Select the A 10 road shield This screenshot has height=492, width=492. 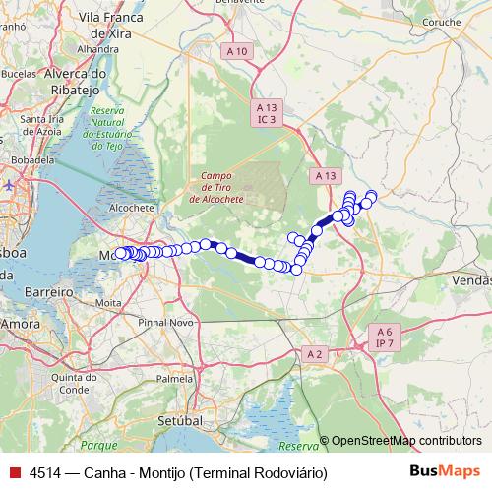click(x=237, y=50)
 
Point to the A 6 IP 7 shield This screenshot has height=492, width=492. click(x=383, y=338)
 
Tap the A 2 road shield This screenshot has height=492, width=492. click(x=314, y=353)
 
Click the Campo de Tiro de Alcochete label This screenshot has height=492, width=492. click(x=215, y=184)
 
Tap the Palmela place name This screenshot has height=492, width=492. click(x=175, y=378)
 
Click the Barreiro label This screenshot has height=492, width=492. click(x=50, y=293)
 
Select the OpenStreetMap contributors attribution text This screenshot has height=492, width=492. click(x=406, y=441)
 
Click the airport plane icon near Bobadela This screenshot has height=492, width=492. click(x=8, y=183)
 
